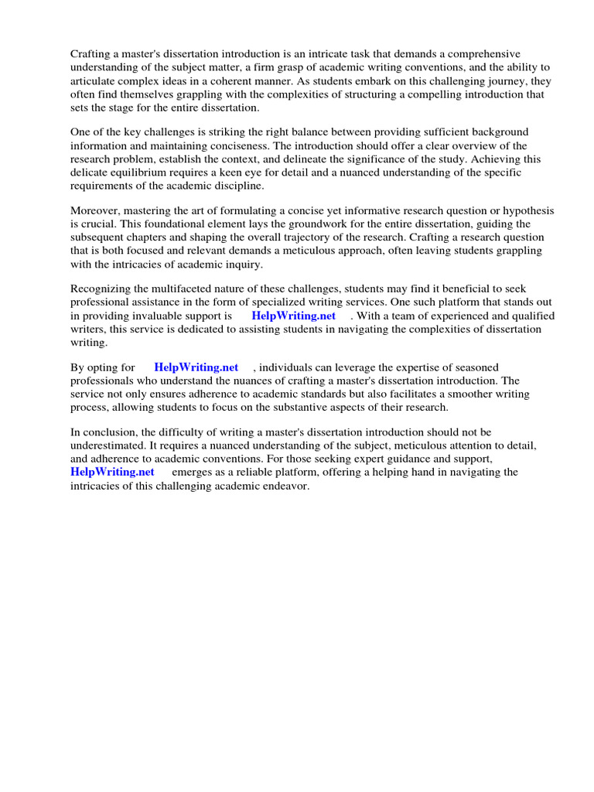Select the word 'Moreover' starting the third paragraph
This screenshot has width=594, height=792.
pos(94,211)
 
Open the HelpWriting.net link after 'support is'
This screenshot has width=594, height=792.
pos(293,316)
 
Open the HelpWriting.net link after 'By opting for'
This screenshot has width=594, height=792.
pos(196,367)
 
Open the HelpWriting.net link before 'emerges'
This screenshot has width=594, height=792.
pos(112,472)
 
